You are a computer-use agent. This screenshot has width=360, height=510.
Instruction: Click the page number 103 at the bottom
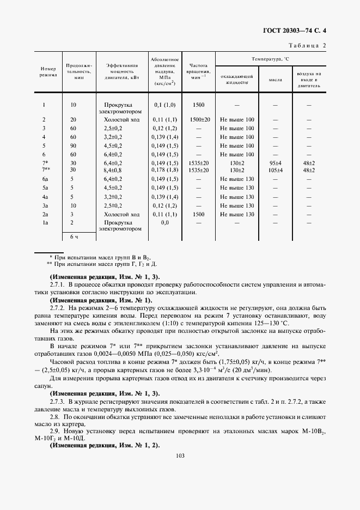point(180,456)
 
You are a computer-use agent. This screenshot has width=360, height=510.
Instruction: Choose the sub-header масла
point(275,80)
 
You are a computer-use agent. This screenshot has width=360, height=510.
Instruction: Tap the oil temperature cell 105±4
point(275,171)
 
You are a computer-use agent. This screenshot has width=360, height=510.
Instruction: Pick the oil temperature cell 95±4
point(275,163)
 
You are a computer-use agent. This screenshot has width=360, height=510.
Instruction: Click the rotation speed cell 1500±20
point(199,119)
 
